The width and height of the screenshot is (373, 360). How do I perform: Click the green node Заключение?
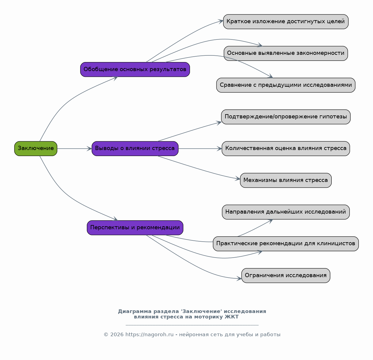click(36, 149)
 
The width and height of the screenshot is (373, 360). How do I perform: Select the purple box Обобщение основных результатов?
click(135, 70)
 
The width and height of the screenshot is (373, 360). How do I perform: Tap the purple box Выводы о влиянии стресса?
click(135, 149)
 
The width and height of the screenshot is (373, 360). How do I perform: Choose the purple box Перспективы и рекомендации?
click(135, 228)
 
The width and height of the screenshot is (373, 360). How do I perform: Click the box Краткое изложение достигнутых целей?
click(286, 22)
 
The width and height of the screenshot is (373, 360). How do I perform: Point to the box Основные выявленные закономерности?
click(286, 53)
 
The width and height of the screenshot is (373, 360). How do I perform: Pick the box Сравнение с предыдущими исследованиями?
click(286, 85)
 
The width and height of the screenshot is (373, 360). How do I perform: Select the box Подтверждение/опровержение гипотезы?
click(286, 117)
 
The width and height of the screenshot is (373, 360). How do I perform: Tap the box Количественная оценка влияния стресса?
click(286, 149)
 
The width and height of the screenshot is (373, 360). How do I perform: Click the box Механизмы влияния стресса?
click(286, 180)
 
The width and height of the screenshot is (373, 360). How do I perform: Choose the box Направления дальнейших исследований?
click(286, 212)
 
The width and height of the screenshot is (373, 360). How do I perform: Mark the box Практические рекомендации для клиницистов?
click(286, 244)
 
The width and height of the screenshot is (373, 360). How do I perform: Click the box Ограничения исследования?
click(286, 276)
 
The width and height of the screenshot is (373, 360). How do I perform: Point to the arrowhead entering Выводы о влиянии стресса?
click(90, 149)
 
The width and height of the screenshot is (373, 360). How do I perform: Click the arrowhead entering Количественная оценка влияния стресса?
click(220, 149)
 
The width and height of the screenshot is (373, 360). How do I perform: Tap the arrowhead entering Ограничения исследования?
click(239, 279)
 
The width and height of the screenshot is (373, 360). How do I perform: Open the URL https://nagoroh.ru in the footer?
click(149, 334)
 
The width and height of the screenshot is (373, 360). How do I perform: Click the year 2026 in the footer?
click(117, 334)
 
